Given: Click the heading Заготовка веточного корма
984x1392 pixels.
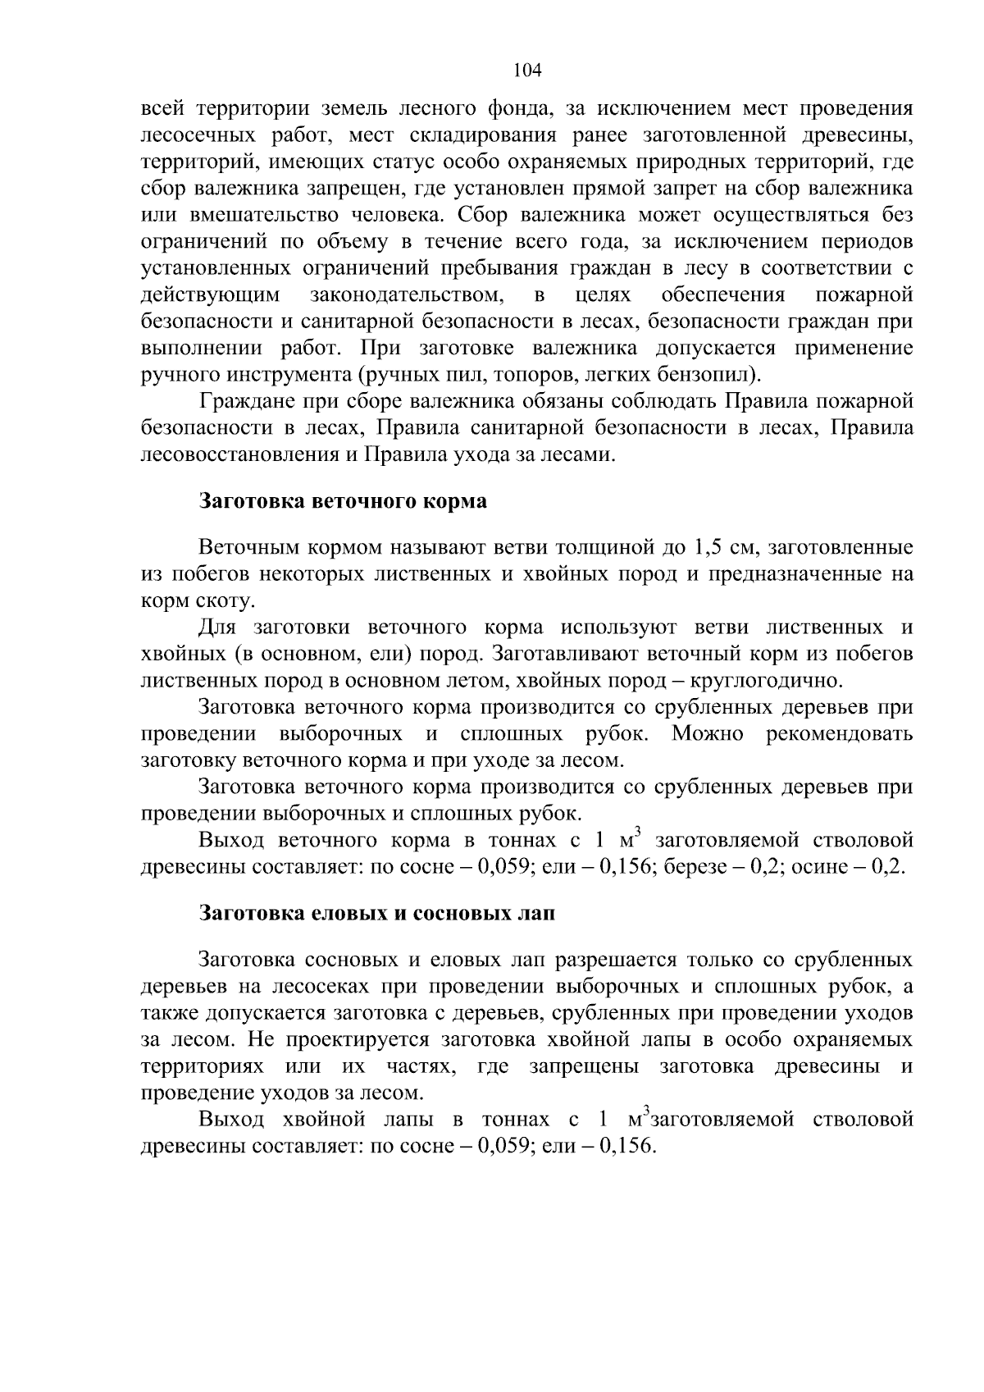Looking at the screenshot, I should (343, 501).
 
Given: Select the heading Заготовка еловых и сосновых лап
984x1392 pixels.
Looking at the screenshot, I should (377, 914).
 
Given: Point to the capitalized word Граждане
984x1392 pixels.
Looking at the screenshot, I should (248, 402).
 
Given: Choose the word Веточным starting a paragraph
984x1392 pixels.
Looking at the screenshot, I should (248, 547).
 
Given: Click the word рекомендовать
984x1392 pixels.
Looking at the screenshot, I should (839, 733).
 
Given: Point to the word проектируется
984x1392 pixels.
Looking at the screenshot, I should (358, 1039).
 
